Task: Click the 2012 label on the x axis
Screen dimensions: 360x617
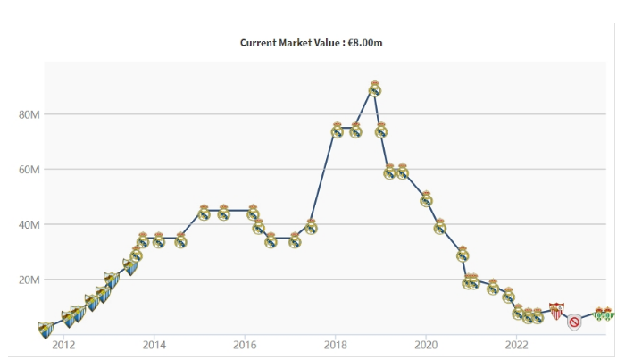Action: pyautogui.click(x=63, y=345)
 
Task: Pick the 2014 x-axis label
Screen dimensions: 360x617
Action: pyautogui.click(x=154, y=345)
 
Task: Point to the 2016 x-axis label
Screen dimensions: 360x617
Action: pyautogui.click(x=245, y=345)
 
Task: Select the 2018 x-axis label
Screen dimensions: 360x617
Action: pyautogui.click(x=336, y=345)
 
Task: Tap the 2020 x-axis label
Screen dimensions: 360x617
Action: pyautogui.click(x=426, y=345)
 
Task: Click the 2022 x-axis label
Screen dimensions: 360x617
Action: pyautogui.click(x=517, y=345)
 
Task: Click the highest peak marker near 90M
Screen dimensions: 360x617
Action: pyautogui.click(x=375, y=88)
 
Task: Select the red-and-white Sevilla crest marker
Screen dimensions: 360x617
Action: pyautogui.click(x=556, y=311)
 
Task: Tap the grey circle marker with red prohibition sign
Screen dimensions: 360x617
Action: pyautogui.click(x=575, y=322)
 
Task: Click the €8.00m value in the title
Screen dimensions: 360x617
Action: pyautogui.click(x=364, y=42)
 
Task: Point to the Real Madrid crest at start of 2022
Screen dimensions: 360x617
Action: pyautogui.click(x=518, y=312)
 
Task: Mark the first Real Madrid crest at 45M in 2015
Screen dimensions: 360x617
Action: pyautogui.click(x=204, y=213)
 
